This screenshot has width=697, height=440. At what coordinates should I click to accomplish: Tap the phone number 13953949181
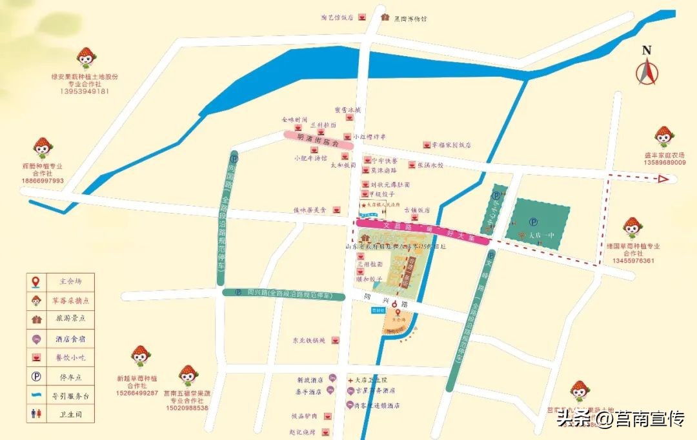(85, 92)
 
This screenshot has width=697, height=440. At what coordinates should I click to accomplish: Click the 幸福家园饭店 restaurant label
(452, 145)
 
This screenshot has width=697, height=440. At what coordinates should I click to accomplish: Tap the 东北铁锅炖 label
(308, 339)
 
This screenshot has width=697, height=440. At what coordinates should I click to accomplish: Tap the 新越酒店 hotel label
(309, 381)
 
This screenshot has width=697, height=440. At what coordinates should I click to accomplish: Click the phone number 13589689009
(665, 163)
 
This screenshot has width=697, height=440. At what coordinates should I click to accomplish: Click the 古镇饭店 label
(417, 210)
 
